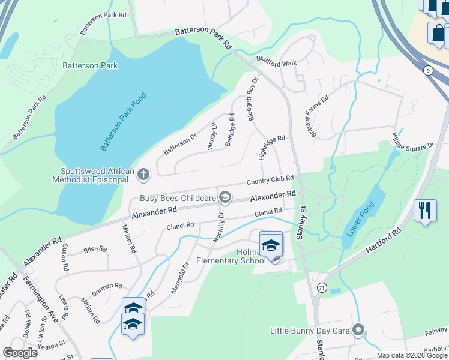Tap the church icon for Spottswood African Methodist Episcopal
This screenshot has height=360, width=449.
[143, 175]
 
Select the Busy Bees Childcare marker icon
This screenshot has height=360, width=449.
[225, 197]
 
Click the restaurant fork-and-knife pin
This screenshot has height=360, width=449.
[425, 211]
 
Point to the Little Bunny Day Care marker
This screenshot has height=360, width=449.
[359, 331]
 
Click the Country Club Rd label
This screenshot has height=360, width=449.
[270, 180]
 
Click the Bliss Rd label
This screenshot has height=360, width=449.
[95, 248]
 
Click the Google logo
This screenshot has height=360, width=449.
[20, 352]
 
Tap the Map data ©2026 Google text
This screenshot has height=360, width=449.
[412, 355]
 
